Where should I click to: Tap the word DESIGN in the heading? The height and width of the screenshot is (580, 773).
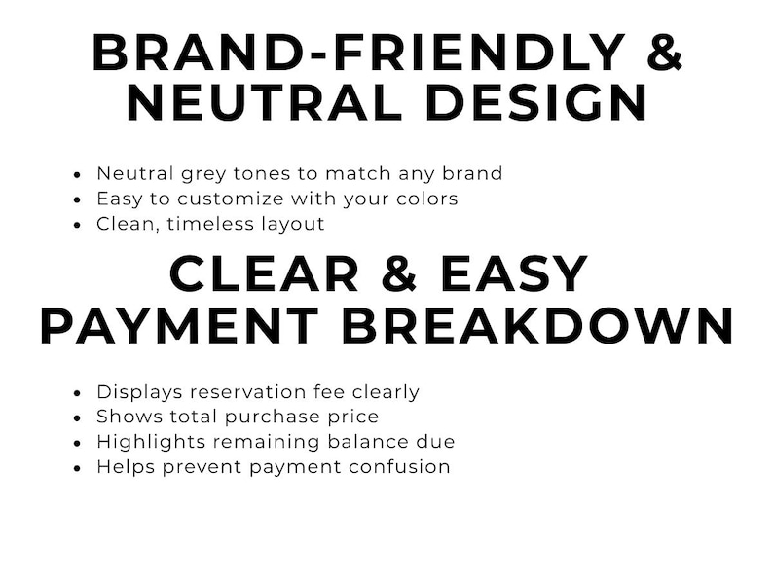coord(536,103)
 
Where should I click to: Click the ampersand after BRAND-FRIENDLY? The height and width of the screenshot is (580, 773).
coord(664,53)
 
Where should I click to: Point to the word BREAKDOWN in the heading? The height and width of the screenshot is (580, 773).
coord(535,325)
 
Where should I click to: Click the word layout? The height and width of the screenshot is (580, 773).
coord(292,224)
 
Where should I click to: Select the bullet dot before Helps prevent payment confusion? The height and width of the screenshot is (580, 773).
coord(78,468)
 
